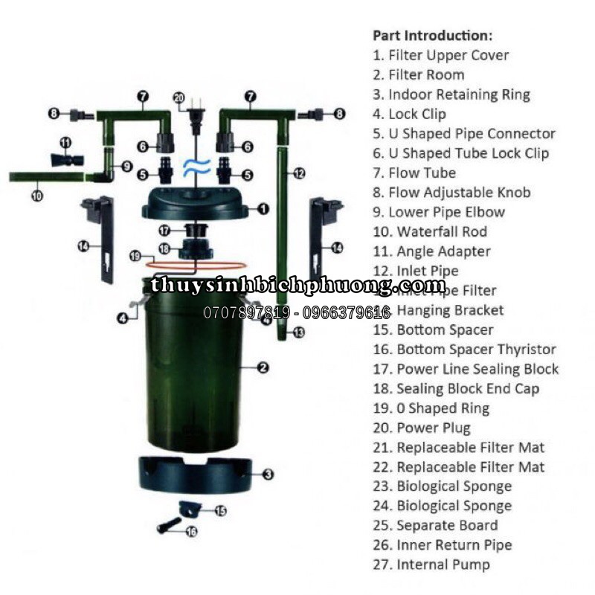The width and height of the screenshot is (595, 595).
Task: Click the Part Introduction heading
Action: coord(432,35)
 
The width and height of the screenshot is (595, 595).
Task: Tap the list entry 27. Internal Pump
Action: coord(431,565)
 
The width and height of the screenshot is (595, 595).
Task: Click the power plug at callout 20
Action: coord(196,117)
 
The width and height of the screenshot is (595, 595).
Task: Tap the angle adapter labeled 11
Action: coord(65,158)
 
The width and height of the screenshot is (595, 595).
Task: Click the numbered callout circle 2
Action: coord(263,367)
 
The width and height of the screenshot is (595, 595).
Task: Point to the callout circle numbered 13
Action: coord(299,332)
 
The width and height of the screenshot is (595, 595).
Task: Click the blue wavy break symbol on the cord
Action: coord(196,164)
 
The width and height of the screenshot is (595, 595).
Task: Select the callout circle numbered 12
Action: coord(299,173)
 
